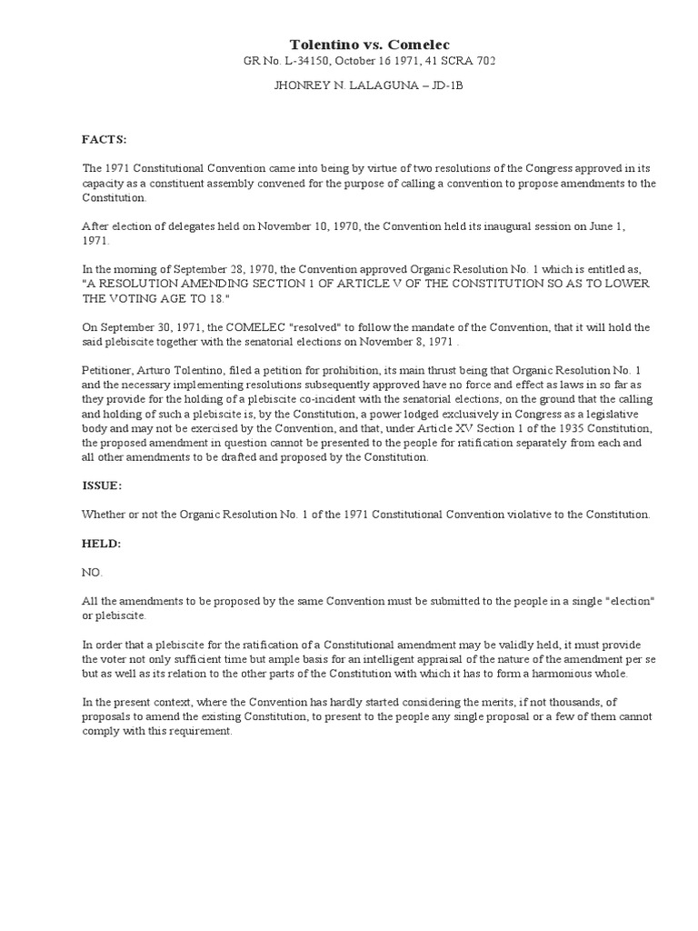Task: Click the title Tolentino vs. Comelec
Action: [369, 44]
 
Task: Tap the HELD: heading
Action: [102, 543]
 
